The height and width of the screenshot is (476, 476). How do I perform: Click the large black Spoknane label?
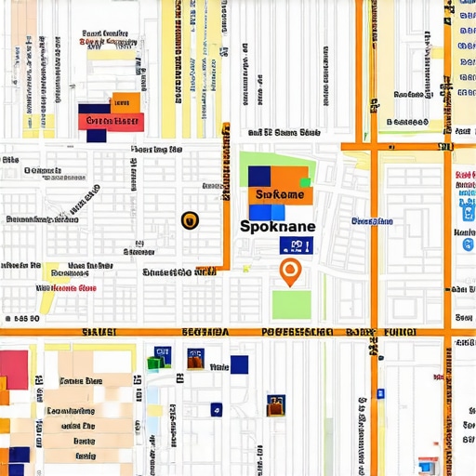point(277,226)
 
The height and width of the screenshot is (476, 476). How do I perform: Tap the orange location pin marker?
point(290,271)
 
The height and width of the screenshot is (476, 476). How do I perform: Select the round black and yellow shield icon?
point(190,219)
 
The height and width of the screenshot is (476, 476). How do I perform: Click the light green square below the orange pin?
point(291,304)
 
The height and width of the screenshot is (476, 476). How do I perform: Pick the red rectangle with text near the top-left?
point(111,121)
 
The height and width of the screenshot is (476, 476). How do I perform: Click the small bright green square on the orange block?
point(304,182)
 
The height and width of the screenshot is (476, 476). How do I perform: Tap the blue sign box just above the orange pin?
point(297,245)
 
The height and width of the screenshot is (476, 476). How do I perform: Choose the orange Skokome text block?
point(280,195)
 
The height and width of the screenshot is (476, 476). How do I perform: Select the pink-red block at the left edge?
point(14,369)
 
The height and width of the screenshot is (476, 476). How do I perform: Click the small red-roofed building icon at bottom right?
point(427,465)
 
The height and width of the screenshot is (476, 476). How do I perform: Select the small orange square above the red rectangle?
point(126,102)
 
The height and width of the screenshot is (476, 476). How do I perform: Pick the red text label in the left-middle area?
point(67,288)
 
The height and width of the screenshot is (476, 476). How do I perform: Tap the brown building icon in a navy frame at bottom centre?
point(275,404)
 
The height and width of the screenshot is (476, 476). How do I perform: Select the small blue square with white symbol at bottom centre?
point(217,408)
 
